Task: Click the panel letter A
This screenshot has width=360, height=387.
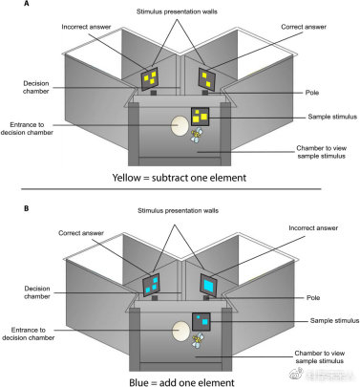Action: (x=26, y=4)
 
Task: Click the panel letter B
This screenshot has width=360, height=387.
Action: (x=26, y=208)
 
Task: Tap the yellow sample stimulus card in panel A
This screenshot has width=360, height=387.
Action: (x=200, y=117)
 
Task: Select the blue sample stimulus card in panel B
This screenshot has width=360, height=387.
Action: (x=201, y=322)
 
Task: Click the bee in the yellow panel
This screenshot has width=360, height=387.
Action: (x=197, y=135)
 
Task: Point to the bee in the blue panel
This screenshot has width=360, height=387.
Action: (x=198, y=340)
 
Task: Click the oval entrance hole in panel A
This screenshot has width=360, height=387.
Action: (x=180, y=126)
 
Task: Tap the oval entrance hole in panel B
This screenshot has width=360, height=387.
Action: (x=180, y=331)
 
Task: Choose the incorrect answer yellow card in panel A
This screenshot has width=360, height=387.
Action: (x=150, y=78)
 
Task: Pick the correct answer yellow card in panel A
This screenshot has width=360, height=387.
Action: (x=206, y=79)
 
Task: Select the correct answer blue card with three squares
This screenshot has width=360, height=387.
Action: (x=151, y=285)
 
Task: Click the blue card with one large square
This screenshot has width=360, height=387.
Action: (x=208, y=284)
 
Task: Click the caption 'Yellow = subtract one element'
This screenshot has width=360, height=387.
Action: (x=180, y=178)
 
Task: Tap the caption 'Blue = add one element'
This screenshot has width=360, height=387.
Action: (x=181, y=382)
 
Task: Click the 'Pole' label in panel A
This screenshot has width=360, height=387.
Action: (x=312, y=93)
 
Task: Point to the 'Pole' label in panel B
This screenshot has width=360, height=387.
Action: (x=313, y=298)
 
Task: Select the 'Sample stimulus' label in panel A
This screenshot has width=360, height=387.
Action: (x=332, y=117)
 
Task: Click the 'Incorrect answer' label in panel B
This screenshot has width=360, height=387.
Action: (x=313, y=228)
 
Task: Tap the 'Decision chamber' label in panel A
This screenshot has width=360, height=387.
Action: (x=36, y=87)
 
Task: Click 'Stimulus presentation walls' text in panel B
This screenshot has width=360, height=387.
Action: (x=178, y=210)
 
